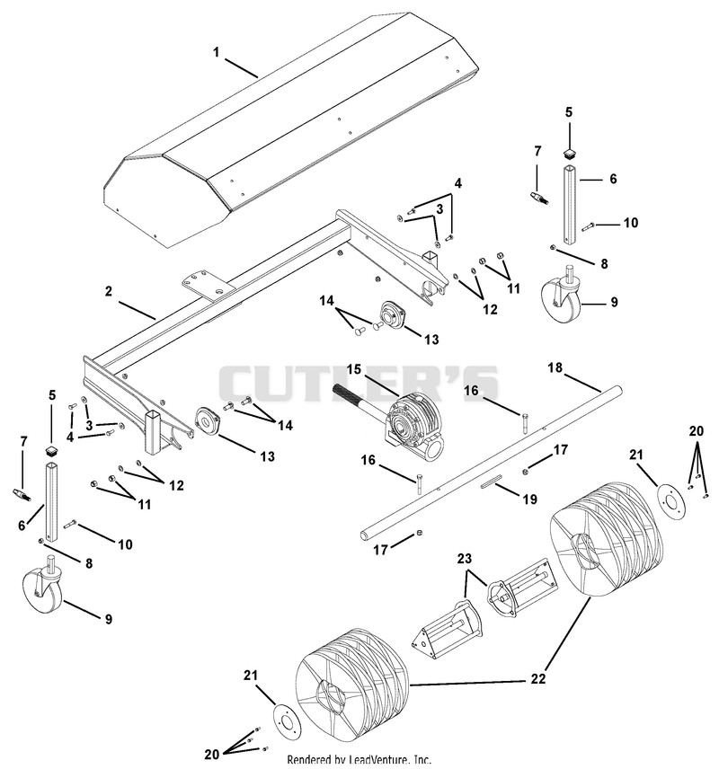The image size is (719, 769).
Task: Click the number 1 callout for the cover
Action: (x=216, y=52)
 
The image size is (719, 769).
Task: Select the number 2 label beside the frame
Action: (x=109, y=291)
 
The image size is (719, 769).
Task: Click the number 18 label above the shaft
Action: (x=555, y=367)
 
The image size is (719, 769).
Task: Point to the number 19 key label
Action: (x=529, y=499)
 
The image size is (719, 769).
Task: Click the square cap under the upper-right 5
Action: (x=569, y=154)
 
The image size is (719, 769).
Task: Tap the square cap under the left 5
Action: (x=51, y=450)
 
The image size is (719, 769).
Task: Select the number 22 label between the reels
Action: (x=537, y=679)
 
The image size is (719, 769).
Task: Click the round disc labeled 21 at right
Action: (x=671, y=501)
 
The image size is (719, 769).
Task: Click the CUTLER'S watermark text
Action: (x=359, y=383)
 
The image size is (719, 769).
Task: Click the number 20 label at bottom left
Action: (x=211, y=754)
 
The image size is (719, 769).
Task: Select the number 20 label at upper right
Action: (x=696, y=431)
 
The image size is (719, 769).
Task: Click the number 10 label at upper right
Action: (x=631, y=223)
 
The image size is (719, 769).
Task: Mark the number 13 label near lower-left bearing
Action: (x=267, y=456)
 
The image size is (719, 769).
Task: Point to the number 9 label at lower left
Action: (x=109, y=619)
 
